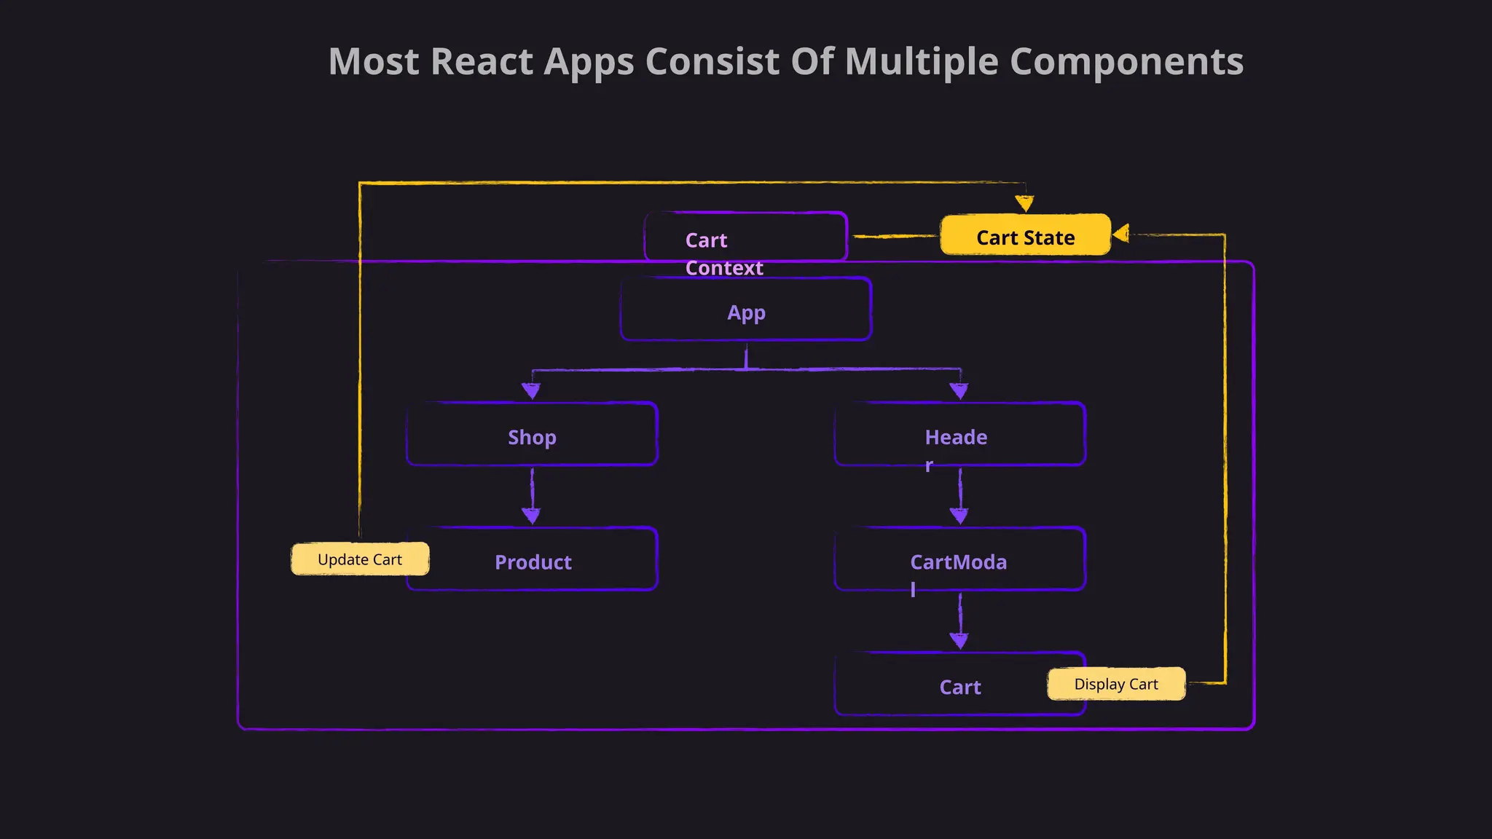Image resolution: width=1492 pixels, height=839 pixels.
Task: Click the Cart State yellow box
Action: (1025, 235)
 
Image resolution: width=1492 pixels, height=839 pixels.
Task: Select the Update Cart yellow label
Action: (360, 559)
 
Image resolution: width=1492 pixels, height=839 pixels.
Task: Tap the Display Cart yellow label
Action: (1116, 684)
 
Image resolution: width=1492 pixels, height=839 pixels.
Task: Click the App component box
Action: (746, 310)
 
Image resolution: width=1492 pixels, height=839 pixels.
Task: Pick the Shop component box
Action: (532, 435)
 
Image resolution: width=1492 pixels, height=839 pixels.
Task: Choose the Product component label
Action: (533, 562)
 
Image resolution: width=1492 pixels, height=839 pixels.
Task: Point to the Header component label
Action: (956, 438)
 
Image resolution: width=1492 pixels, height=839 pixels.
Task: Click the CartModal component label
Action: (958, 562)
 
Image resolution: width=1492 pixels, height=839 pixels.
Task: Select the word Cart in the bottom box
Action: (959, 687)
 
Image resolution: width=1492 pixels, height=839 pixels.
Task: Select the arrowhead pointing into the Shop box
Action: (531, 391)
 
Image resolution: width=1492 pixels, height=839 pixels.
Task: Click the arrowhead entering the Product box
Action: (531, 516)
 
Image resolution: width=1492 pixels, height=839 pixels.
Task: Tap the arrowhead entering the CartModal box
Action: (959, 516)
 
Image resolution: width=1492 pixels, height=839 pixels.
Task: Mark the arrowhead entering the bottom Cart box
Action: (959, 641)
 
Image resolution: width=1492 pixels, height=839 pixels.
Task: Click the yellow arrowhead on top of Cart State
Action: (1025, 203)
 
